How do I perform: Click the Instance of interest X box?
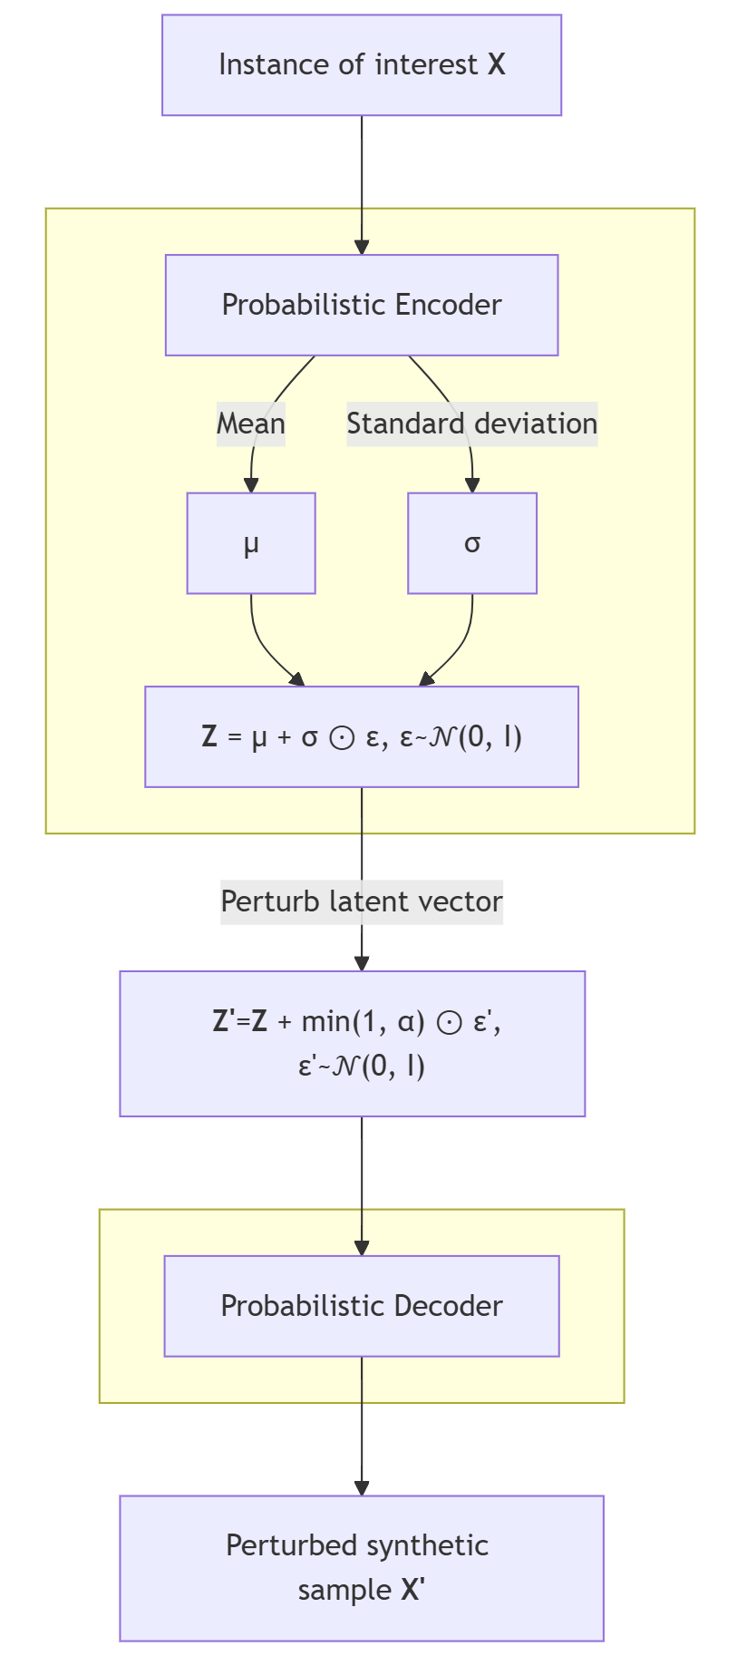[x=361, y=65]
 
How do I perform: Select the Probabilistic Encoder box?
[x=361, y=305]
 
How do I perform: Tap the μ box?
[x=251, y=543]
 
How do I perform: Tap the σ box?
[x=471, y=543]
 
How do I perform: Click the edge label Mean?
[x=251, y=424]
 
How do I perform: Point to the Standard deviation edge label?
[x=471, y=424]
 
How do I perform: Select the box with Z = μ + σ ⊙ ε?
[x=361, y=736]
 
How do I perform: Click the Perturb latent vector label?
[x=361, y=901]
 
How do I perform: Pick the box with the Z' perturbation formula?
[x=352, y=1043]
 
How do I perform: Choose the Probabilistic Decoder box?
[x=361, y=1306]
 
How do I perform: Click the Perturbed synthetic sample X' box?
[x=361, y=1568]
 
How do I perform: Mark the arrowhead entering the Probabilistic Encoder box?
[x=362, y=248]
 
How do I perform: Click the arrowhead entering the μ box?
[x=251, y=486]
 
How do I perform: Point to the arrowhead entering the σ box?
[x=471, y=486]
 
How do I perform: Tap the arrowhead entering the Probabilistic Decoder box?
[x=362, y=1248]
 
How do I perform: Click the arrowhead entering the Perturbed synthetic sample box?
[x=362, y=1488]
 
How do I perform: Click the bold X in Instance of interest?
[x=496, y=65]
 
